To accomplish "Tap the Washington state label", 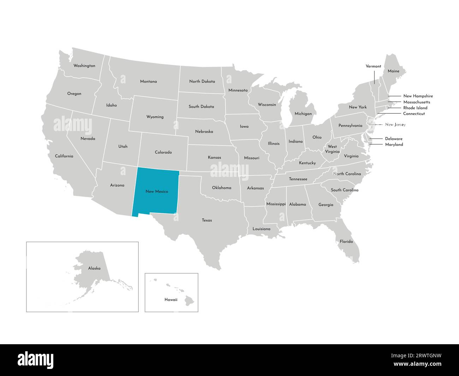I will click(x=84, y=66).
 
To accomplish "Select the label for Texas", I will click(x=207, y=220).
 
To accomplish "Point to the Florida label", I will click(x=346, y=241).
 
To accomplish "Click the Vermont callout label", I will click(x=373, y=66).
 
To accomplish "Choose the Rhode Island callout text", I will click(x=415, y=108).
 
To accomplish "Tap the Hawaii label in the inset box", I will click(x=171, y=299).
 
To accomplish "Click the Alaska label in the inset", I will click(x=94, y=268).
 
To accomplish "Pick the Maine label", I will click(x=393, y=71).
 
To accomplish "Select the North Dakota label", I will click(x=202, y=81).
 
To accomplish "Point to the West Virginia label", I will click(x=332, y=149).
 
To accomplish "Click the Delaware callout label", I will click(x=394, y=139).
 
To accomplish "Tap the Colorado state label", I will click(x=163, y=152).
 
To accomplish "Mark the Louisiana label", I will click(x=261, y=229).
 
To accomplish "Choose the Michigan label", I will click(x=303, y=114).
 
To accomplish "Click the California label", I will click(x=64, y=156).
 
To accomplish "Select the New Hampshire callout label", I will click(x=418, y=96).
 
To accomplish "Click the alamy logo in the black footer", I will click(x=35, y=360).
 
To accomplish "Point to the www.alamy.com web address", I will click(x=421, y=364).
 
